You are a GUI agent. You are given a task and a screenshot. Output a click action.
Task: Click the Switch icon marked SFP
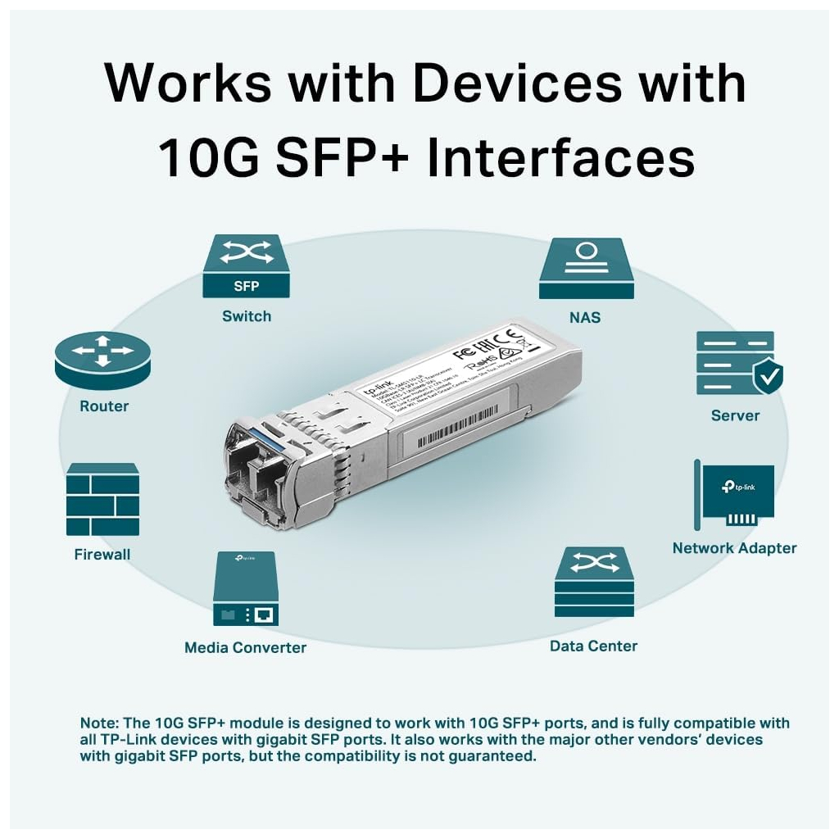point(246,266)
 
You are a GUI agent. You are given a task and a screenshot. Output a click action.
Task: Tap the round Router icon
point(104,360)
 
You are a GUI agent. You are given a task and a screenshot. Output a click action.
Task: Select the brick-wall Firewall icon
point(102,499)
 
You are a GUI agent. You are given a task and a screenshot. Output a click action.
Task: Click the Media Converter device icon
point(246,589)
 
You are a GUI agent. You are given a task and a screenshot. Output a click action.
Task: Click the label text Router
point(104,406)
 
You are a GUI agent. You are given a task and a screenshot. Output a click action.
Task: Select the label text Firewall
point(102,555)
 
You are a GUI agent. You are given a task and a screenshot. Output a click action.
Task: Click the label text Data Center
point(593,646)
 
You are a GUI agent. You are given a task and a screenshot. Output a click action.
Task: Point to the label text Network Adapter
point(734,548)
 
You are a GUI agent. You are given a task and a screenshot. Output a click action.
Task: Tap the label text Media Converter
point(245,648)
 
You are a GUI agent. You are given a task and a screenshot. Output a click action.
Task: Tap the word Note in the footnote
point(98,723)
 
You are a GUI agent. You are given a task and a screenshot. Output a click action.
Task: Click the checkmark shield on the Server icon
point(768,376)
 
